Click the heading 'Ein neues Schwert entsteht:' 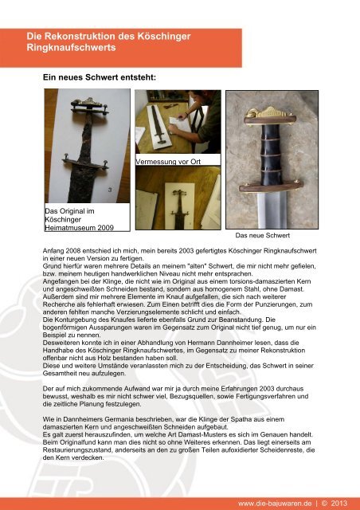(99, 78)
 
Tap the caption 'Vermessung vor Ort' (165, 162)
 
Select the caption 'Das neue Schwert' (263, 237)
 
